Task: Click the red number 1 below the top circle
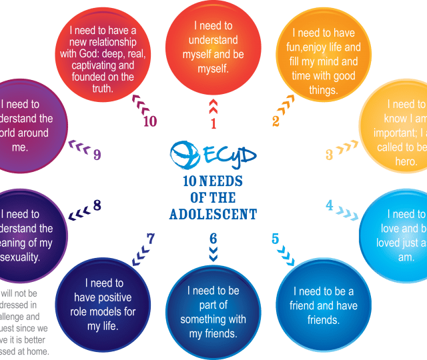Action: click(213, 123)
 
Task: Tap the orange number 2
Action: click(276, 121)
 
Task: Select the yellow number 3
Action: click(330, 155)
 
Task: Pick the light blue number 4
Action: click(330, 205)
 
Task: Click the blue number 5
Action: click(275, 239)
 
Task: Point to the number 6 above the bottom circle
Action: click(213, 238)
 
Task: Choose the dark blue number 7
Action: click(151, 237)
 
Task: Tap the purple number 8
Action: click(97, 205)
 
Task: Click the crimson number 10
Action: click(149, 121)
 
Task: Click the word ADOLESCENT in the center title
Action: click(213, 214)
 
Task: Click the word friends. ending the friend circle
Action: click(323, 321)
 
